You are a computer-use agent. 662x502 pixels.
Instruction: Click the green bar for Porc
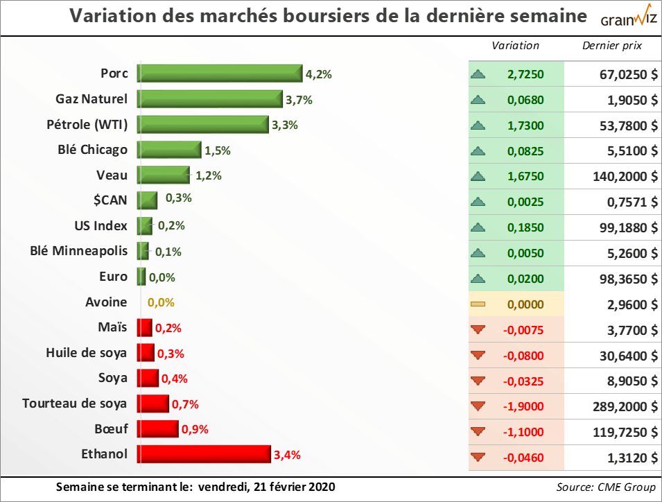[220, 73]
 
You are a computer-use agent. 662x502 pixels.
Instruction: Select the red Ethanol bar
[204, 454]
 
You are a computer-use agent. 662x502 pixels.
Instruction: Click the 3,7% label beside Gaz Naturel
[299, 100]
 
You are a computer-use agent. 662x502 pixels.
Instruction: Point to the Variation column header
[515, 46]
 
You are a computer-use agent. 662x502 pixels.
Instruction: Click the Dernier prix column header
[612, 46]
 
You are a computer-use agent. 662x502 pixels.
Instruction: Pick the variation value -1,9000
[525, 406]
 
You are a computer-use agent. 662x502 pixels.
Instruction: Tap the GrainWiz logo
[620, 18]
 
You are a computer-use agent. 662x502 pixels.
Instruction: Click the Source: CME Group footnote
[605, 487]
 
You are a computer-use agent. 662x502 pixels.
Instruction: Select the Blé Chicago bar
[168, 150]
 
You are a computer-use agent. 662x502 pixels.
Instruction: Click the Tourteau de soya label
[75, 404]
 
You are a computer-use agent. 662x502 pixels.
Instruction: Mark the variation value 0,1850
[525, 227]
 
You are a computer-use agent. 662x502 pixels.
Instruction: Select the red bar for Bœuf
[157, 429]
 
